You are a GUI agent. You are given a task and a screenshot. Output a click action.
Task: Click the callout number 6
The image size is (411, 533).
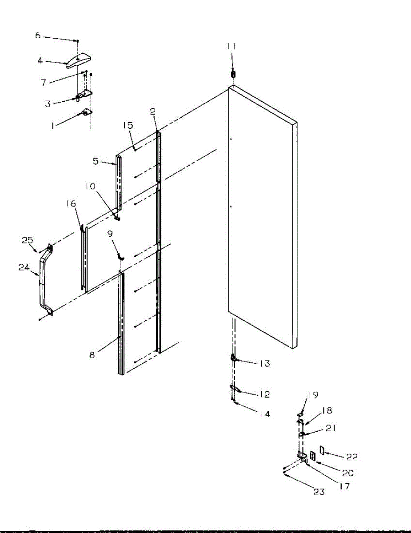click(x=37, y=36)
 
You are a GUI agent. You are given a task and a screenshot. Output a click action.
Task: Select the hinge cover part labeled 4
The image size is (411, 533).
click(x=79, y=60)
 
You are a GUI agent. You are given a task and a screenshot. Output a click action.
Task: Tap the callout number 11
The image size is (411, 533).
click(x=231, y=46)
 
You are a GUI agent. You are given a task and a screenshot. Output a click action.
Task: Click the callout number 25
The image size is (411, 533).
click(x=27, y=240)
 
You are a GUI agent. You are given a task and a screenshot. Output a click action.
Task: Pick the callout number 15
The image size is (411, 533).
click(x=128, y=125)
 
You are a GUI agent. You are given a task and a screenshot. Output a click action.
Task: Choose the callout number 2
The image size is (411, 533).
click(x=153, y=111)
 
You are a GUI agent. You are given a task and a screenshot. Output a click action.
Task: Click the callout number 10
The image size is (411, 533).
click(x=90, y=187)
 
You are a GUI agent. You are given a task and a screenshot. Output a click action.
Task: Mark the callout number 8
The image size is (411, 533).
click(x=92, y=355)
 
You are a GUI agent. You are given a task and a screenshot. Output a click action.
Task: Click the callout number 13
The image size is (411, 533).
click(x=265, y=363)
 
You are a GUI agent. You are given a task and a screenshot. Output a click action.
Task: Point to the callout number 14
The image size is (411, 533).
click(x=265, y=414)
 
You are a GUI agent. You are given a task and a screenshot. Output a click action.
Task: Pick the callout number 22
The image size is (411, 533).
click(x=352, y=457)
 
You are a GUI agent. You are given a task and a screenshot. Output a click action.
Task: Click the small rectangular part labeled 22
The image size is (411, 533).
click(x=322, y=450)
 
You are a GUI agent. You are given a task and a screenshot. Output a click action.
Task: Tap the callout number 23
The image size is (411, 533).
click(x=319, y=492)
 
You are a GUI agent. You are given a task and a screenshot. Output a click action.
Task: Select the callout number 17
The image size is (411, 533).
click(x=344, y=486)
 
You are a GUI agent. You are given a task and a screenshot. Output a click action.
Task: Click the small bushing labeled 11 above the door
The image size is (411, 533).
click(x=233, y=74)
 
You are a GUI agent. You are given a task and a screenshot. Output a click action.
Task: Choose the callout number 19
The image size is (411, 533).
click(x=313, y=395)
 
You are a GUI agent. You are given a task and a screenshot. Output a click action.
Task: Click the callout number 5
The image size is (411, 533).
click(x=96, y=161)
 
